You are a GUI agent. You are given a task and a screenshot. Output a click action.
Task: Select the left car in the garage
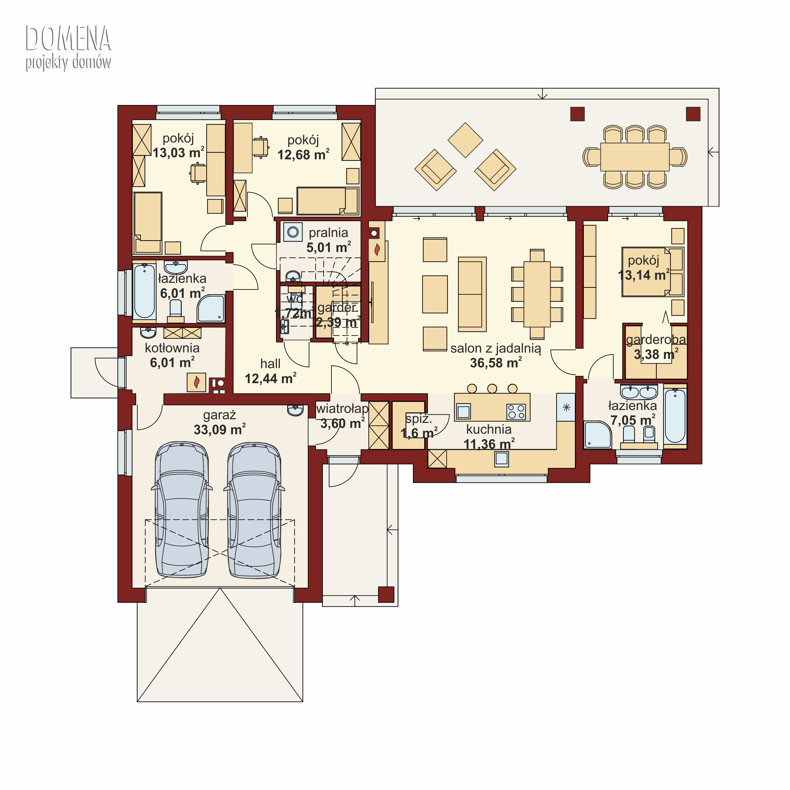tap(181, 510)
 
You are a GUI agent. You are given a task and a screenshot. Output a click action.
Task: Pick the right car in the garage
tap(254, 510)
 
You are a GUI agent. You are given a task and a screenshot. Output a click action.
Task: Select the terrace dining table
tap(635, 157)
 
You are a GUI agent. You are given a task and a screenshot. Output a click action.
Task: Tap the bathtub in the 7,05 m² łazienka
tap(675, 416)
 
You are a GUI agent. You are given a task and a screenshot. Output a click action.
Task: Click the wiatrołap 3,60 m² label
tap(342, 416)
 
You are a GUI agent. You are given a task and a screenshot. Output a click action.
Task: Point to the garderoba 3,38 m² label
tap(656, 347)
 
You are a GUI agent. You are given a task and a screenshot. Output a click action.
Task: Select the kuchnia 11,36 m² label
tap(489, 437)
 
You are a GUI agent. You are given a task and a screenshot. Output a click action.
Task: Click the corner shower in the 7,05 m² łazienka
tap(598, 434)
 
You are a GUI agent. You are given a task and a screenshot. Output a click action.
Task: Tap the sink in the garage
tap(295, 410)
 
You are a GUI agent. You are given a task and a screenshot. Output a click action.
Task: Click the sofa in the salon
tap(472, 294)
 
